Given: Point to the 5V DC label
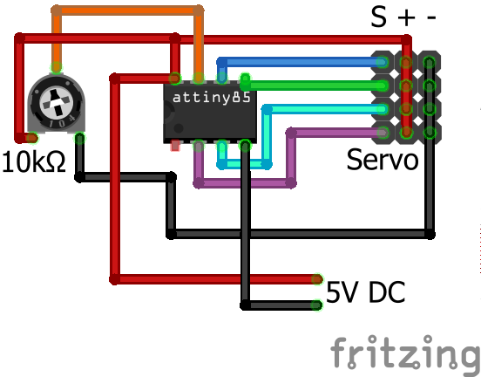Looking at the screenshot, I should [x=365, y=292].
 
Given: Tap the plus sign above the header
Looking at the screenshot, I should [x=407, y=17].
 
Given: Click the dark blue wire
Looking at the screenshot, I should [x=296, y=62].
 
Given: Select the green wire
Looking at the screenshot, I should [x=314, y=86].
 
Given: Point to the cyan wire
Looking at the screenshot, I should [x=322, y=109].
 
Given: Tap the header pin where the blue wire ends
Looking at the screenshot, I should [x=382, y=62].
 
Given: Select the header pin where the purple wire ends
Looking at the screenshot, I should [x=382, y=132].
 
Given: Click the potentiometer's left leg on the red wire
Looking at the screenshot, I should [x=32, y=137].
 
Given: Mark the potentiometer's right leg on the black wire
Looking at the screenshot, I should [x=79, y=138].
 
